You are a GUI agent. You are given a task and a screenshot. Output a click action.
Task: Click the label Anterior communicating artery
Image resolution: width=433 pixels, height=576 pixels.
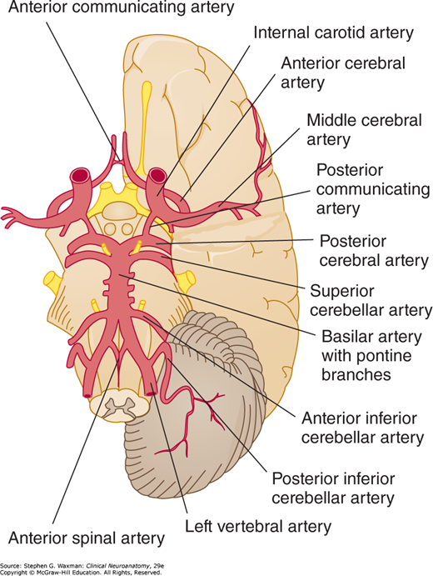point(121,8)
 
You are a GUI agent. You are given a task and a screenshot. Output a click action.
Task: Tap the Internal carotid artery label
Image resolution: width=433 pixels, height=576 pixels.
point(334,33)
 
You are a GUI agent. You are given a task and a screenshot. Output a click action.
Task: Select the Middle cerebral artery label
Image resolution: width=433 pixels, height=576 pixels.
point(365,130)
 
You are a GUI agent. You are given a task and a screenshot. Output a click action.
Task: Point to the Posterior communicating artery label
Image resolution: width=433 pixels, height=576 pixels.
point(373,189)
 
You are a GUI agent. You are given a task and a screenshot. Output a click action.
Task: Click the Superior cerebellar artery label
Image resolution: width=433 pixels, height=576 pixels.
point(371,301)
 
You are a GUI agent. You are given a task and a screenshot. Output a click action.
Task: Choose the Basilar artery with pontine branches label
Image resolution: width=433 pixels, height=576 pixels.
point(371,356)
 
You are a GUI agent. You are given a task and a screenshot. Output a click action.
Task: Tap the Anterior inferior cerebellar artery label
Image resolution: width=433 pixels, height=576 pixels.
point(362,428)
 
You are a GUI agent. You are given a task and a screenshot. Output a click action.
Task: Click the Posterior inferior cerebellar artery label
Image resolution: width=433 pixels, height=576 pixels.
point(333,488)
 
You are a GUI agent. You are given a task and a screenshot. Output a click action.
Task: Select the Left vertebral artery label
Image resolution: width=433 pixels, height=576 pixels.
point(258,527)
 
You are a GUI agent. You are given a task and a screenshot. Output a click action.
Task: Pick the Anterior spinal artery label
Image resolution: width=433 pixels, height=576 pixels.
point(87,538)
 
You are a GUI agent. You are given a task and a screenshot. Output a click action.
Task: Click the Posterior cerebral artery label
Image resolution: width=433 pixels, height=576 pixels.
point(374,251)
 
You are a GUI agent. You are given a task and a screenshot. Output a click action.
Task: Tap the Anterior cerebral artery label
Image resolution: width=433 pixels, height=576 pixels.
point(343,73)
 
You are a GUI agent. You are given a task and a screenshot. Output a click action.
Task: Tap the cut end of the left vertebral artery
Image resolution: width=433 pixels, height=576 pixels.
point(150,393)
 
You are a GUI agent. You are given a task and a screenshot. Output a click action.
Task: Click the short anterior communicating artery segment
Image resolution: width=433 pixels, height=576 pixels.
point(119,160)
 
